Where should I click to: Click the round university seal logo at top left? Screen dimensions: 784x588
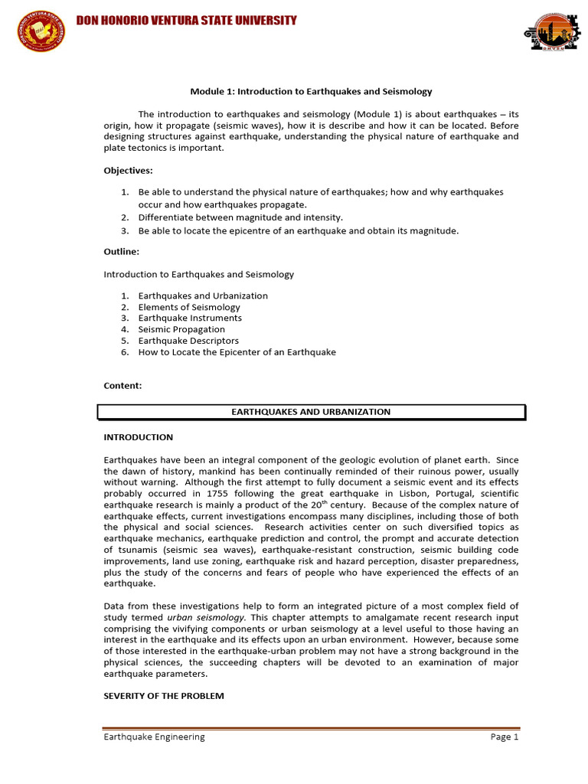(x=41, y=31)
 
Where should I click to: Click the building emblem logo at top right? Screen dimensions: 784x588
(x=547, y=32)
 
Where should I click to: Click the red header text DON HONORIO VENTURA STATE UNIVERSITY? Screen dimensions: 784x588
(x=186, y=21)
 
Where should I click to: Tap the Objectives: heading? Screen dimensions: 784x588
(x=128, y=170)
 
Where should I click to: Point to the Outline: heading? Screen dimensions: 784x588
(x=121, y=250)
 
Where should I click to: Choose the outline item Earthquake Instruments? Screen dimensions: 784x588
(x=190, y=318)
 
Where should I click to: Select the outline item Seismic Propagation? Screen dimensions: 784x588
(x=181, y=329)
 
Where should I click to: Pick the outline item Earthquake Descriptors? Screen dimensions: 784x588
(x=188, y=341)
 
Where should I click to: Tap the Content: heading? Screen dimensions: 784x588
(x=122, y=385)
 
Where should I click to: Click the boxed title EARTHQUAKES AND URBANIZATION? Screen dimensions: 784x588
(x=311, y=412)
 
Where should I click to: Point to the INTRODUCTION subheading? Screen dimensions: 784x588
(x=139, y=437)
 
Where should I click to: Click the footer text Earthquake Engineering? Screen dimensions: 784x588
(x=155, y=737)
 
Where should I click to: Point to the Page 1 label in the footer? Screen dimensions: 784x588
(x=505, y=737)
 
